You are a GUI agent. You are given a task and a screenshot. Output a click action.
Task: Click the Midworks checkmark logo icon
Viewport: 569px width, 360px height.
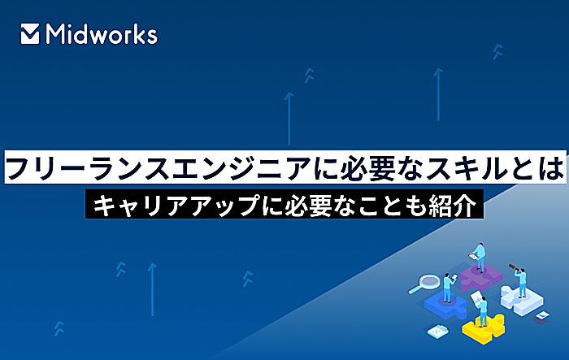click(x=30, y=34)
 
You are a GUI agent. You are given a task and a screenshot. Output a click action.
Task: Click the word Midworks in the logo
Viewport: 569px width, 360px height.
click(x=102, y=34)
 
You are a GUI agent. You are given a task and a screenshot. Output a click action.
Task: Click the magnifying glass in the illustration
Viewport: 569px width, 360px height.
click(x=424, y=284)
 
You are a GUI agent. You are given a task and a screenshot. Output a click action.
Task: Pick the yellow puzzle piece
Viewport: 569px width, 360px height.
click(x=484, y=329)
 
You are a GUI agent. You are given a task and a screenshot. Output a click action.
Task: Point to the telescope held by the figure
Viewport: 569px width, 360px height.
click(x=515, y=268)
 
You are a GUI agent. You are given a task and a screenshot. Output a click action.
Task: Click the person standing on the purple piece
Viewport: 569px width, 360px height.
click(x=480, y=257)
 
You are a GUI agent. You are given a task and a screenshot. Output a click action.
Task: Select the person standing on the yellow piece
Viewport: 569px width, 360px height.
click(x=483, y=311)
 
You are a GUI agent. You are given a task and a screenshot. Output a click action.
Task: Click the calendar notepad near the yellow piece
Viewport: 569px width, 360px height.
click(x=438, y=332)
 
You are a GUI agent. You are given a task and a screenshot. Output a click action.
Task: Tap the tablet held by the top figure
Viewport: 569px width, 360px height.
click(x=473, y=257)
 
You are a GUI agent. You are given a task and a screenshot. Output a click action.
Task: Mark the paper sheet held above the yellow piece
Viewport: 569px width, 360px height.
click(x=476, y=297)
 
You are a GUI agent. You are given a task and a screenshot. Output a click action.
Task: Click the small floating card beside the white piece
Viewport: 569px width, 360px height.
click(x=543, y=315)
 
